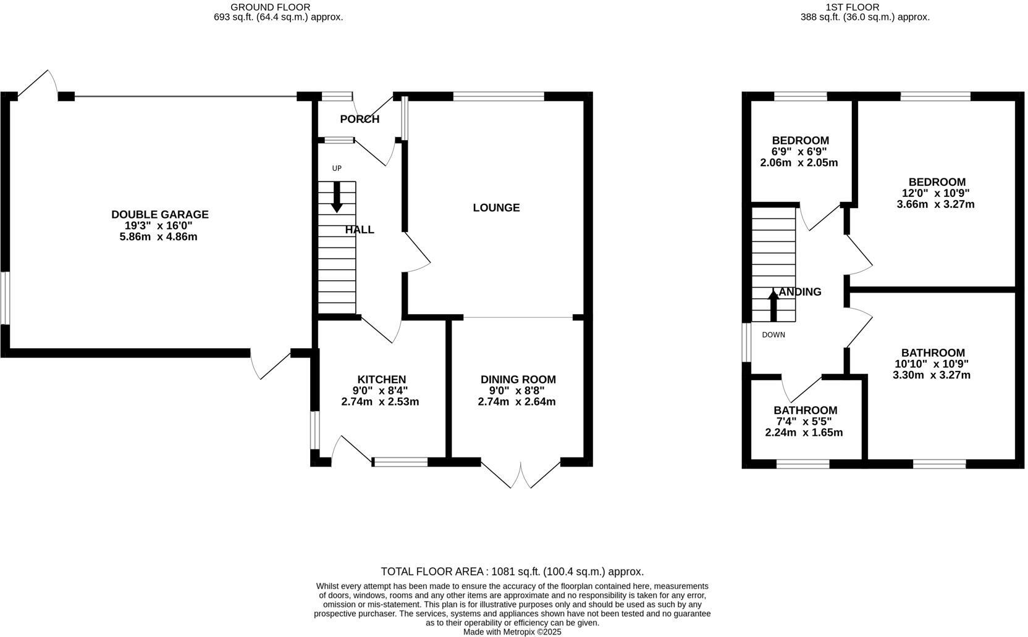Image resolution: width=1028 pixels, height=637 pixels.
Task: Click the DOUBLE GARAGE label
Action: (159, 214)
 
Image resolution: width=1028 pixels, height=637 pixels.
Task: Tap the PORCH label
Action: (360, 119)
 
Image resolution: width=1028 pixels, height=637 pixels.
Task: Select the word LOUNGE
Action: (496, 208)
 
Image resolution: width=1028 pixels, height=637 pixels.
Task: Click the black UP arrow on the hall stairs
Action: (337, 197)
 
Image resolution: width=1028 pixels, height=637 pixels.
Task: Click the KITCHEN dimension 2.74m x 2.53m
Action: (380, 402)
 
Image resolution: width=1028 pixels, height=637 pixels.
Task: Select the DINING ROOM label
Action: (518, 380)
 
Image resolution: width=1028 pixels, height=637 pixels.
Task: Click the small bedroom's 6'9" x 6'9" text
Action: (799, 152)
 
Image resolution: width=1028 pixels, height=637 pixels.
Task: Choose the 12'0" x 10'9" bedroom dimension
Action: (936, 193)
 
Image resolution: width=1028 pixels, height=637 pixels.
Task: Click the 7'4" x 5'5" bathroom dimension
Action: (804, 422)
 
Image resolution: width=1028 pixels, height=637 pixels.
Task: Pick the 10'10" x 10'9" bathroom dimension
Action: (932, 364)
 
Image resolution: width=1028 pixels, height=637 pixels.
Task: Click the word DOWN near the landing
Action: (773, 335)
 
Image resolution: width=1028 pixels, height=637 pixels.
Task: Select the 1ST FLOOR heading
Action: (852, 7)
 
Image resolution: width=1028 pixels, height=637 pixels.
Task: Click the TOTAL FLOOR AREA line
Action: (512, 572)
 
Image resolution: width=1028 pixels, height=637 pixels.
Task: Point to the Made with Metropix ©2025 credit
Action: (512, 632)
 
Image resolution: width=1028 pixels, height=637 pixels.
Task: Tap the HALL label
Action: (360, 230)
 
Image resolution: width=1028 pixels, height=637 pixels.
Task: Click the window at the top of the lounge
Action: (499, 96)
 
